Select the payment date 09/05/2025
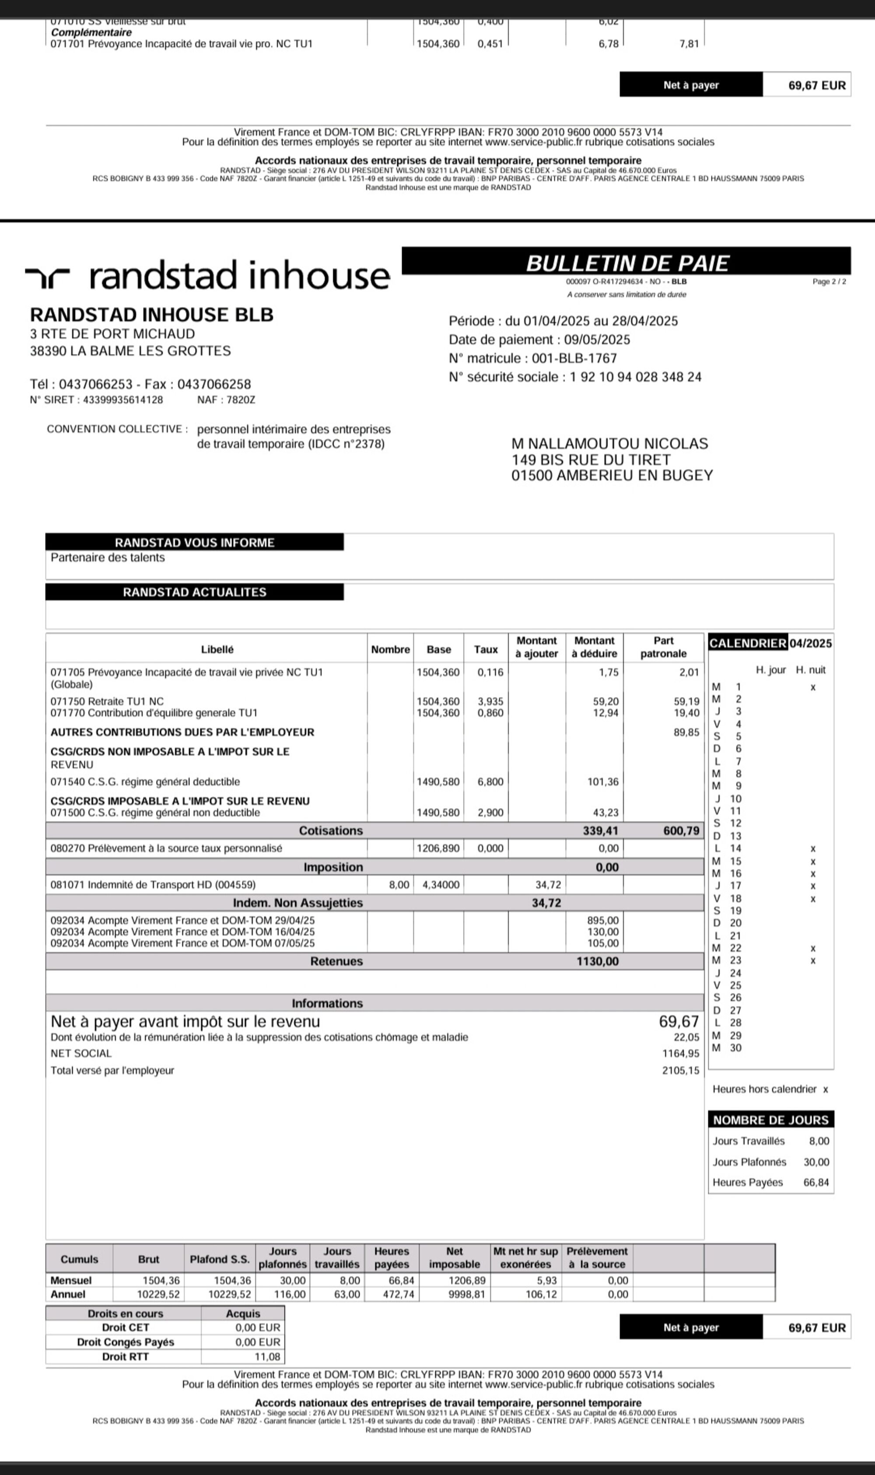click(x=597, y=340)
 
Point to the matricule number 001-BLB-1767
click(x=574, y=358)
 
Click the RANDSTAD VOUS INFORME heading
click(x=195, y=542)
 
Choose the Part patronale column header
click(x=663, y=647)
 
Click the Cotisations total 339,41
click(x=601, y=831)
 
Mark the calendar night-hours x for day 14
click(x=812, y=849)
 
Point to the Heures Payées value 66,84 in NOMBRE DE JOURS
click(x=816, y=1183)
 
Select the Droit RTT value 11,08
click(x=267, y=1356)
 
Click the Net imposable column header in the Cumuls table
click(x=454, y=1257)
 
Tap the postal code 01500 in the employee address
click(x=531, y=475)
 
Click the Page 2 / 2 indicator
click(x=829, y=282)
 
